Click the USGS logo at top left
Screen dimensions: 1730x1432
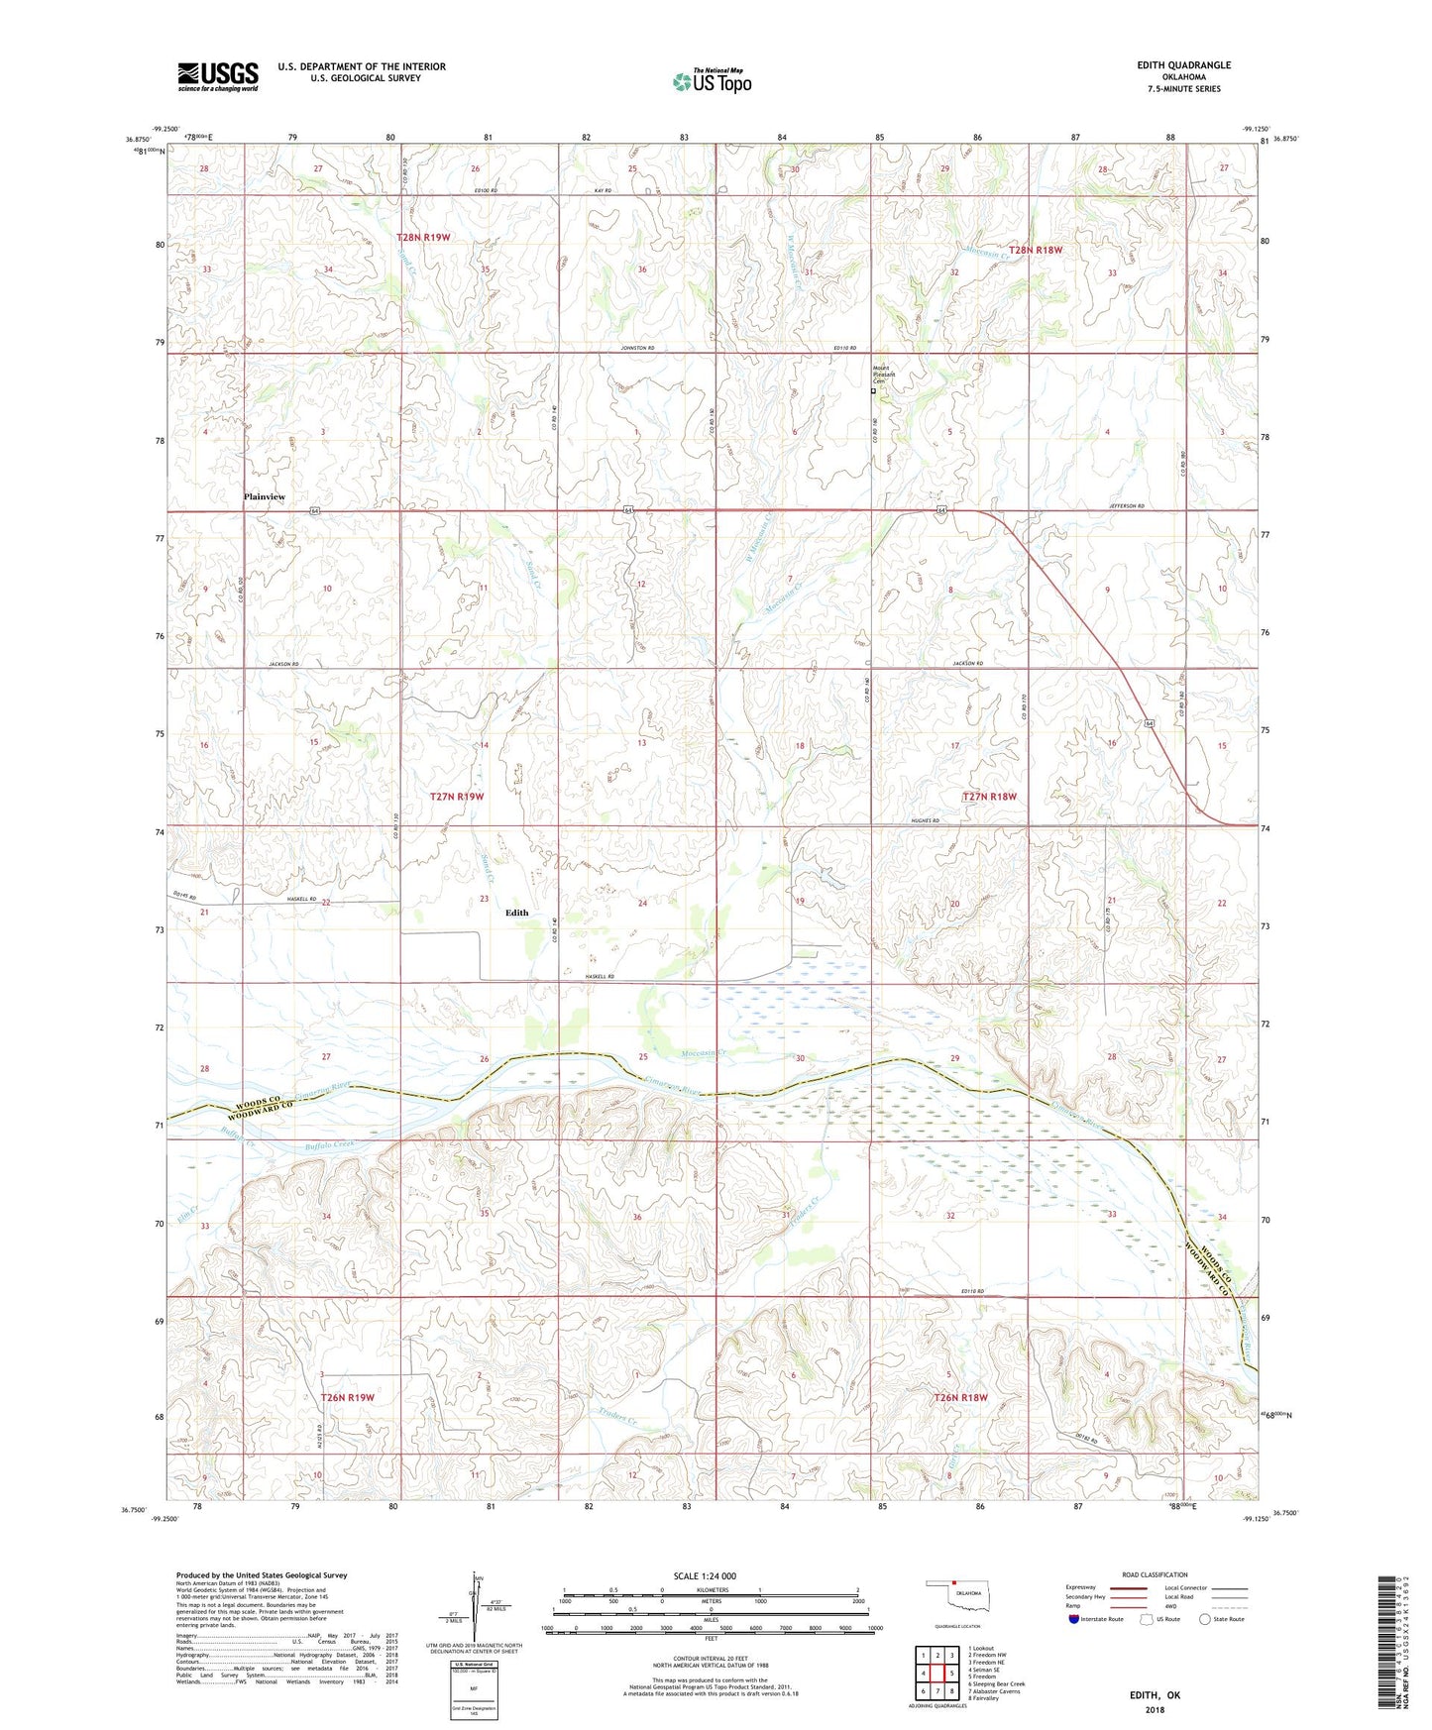218,75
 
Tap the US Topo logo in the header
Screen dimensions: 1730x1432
712,81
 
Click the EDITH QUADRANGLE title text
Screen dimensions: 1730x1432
1183,65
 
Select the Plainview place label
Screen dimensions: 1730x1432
265,496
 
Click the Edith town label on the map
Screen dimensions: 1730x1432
517,913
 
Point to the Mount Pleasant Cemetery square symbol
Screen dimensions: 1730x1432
873,391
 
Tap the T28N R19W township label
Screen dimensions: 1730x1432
423,238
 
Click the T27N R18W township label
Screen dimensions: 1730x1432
989,797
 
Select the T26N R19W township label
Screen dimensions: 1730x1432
347,1397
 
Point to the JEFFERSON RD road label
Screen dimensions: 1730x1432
1128,506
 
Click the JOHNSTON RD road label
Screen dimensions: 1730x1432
638,349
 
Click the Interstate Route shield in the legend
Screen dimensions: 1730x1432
1074,1619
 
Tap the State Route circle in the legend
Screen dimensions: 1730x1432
1205,1619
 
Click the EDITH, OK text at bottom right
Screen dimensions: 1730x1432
1155,1695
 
